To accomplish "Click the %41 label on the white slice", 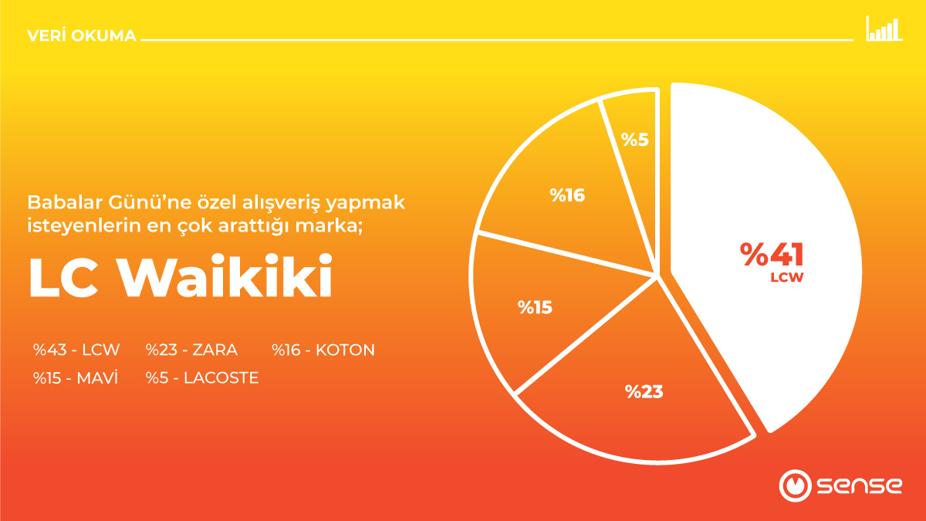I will click(x=772, y=254).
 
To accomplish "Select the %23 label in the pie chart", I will click(x=644, y=391).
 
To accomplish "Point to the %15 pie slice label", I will click(x=535, y=307).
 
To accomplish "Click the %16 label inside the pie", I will click(x=567, y=195).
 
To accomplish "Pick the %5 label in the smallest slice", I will click(x=635, y=141).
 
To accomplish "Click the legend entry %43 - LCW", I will click(x=76, y=350).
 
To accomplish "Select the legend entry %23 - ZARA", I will click(x=191, y=350).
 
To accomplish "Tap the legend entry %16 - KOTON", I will click(x=323, y=350).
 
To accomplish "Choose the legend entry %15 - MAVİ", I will click(x=75, y=378).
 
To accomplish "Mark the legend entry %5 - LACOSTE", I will click(x=201, y=378).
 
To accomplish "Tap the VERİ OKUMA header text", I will click(x=81, y=36).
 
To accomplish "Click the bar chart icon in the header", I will click(x=884, y=29).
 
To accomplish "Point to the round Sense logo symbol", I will click(x=794, y=485).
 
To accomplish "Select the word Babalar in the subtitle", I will click(x=59, y=203).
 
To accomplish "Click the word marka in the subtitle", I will click(x=338, y=226).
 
